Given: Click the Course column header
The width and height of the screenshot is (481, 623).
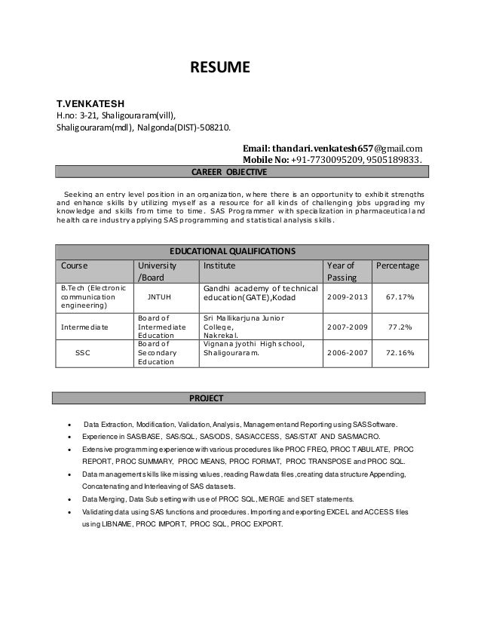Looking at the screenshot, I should click(74, 265).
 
